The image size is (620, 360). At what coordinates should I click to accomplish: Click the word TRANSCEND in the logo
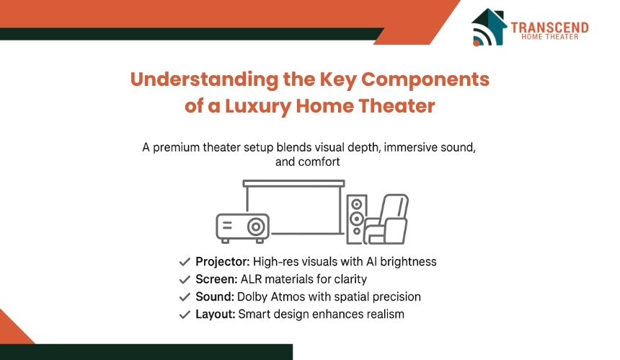point(549,27)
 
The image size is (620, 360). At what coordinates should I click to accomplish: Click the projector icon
point(242,226)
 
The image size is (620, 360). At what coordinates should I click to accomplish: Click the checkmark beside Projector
point(185,262)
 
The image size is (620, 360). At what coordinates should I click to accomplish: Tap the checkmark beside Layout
point(185,315)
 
